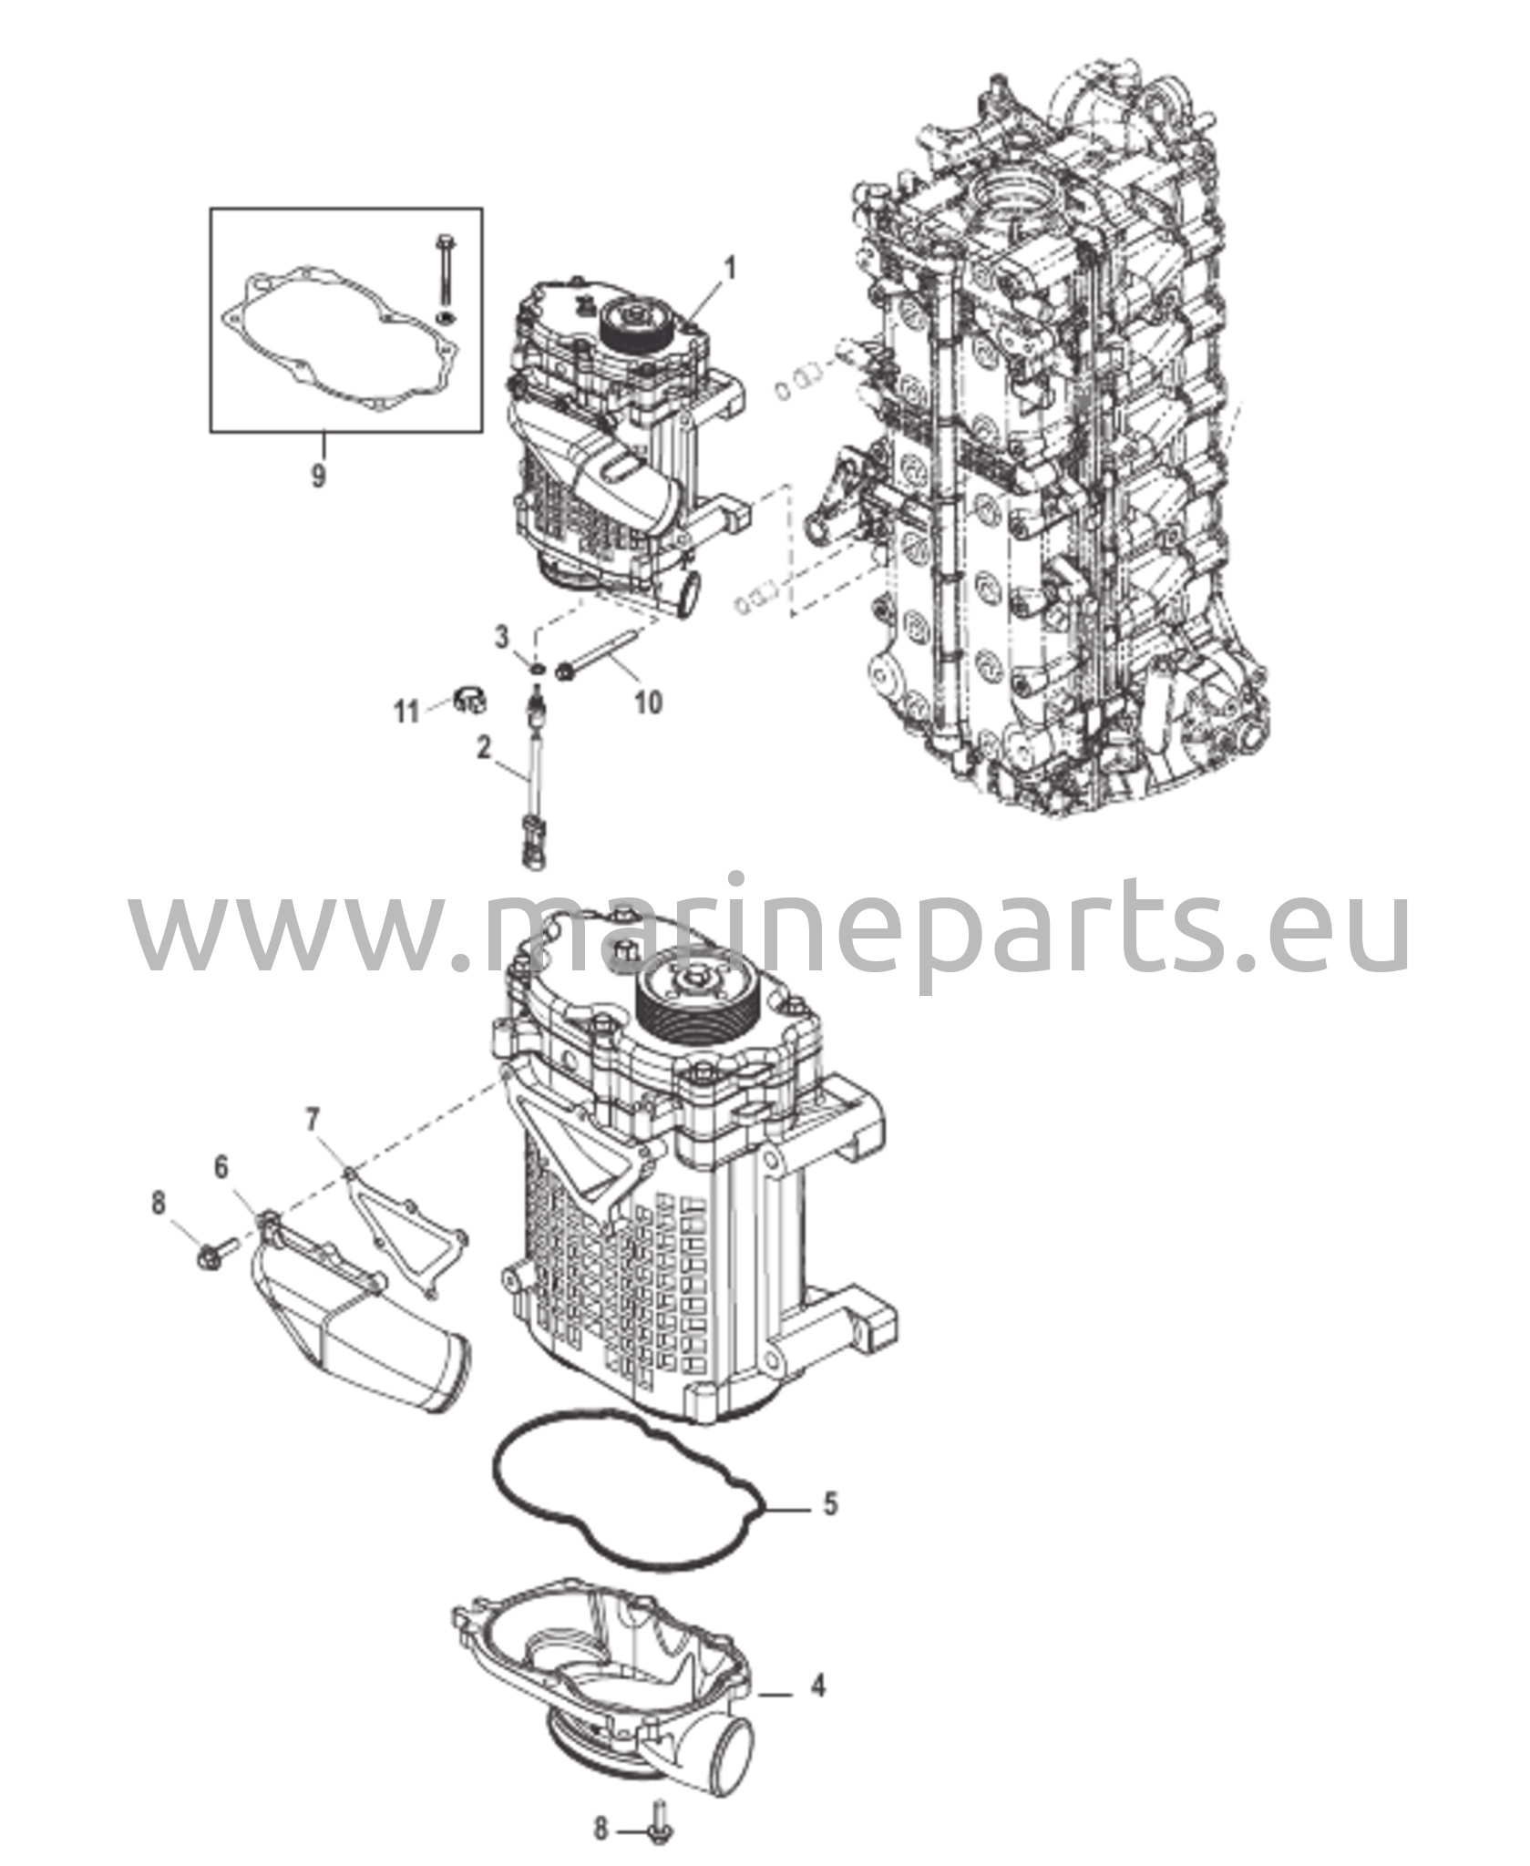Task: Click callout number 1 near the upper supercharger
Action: point(729,270)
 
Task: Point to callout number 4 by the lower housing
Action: point(818,1687)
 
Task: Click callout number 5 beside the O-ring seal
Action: point(830,1502)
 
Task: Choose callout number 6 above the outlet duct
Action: point(221,1167)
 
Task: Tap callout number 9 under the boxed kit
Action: point(318,475)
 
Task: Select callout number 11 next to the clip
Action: point(406,711)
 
